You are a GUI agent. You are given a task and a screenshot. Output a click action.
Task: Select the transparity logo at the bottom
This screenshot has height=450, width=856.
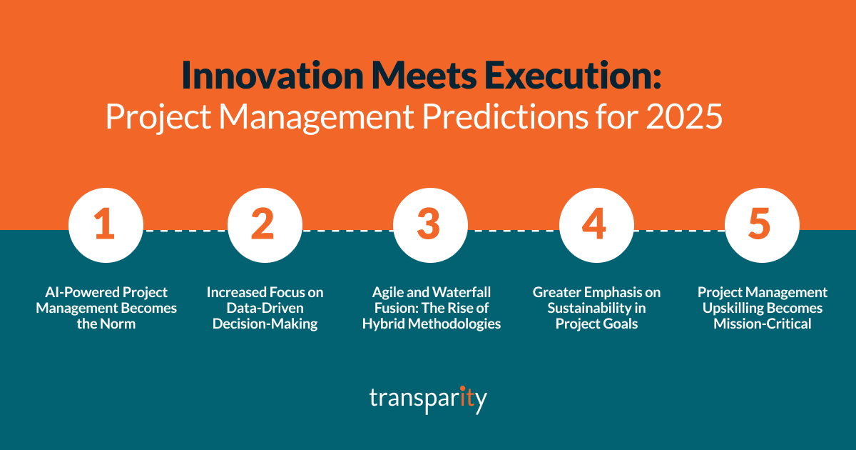click(x=428, y=398)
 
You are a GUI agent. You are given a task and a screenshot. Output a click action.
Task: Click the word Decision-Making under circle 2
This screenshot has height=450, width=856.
click(x=265, y=324)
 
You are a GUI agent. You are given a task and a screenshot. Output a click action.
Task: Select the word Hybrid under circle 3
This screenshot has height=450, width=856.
click(x=384, y=324)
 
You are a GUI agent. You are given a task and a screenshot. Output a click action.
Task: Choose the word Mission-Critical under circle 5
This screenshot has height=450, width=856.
click(x=762, y=324)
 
